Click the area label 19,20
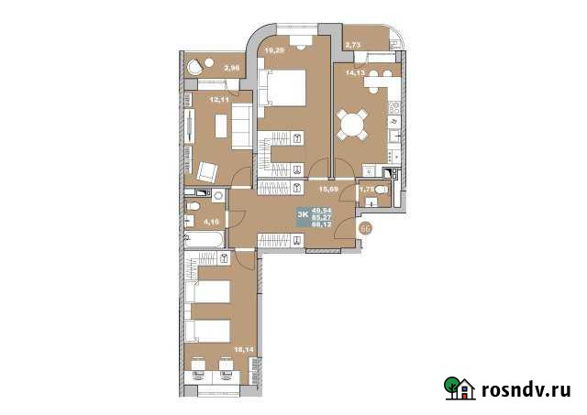(x=274, y=52)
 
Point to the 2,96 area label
(x=231, y=67)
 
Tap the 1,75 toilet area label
(x=367, y=190)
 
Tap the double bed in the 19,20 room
(x=282, y=88)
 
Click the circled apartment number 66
(x=366, y=229)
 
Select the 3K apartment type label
(x=303, y=214)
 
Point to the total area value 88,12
(x=322, y=223)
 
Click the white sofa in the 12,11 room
(x=240, y=125)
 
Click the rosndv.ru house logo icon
(x=459, y=388)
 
